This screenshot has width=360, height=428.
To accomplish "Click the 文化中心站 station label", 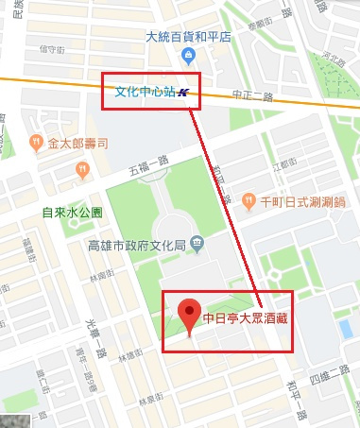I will (x=144, y=93).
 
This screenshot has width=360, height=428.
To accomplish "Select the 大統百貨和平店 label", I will (x=189, y=38).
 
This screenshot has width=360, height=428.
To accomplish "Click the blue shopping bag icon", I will (x=189, y=56).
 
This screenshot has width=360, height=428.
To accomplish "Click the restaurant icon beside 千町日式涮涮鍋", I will (x=248, y=200).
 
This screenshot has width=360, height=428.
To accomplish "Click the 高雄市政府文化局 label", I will (x=138, y=245).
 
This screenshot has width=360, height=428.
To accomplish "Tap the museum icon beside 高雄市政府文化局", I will (x=196, y=245).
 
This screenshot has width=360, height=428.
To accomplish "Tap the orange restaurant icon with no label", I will (x=83, y=170).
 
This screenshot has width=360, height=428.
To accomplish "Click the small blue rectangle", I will (x=346, y=328).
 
